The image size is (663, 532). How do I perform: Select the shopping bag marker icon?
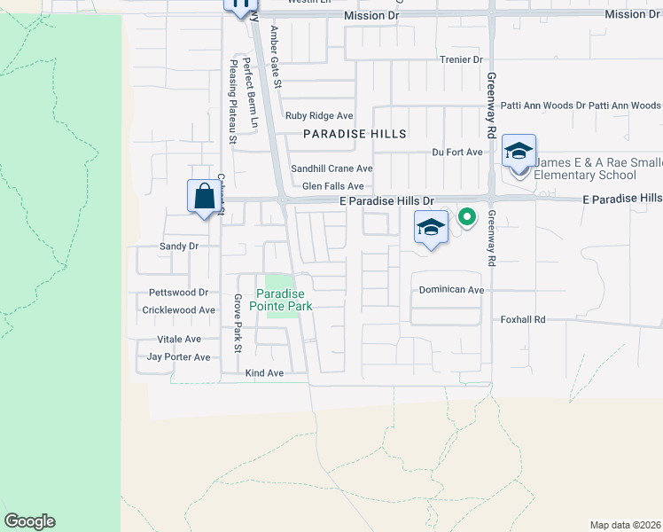(x=204, y=195)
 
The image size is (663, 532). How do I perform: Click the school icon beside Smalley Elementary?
(x=519, y=151)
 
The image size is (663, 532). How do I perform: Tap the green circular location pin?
(x=466, y=215)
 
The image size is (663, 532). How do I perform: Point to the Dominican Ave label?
(x=451, y=290)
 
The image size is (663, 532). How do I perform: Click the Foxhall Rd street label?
(x=522, y=319)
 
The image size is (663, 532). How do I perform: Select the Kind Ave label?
(x=264, y=373)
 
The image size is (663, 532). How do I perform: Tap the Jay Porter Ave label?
(x=178, y=357)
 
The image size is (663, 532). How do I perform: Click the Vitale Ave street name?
(x=179, y=340)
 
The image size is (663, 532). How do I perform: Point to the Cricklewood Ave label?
(x=179, y=310)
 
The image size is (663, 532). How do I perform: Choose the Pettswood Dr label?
(x=178, y=292)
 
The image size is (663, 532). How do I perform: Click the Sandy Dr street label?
(x=177, y=246)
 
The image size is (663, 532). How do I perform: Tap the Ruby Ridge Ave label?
(x=319, y=116)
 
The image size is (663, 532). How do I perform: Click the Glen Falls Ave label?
(x=333, y=186)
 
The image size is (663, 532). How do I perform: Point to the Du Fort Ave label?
(x=457, y=153)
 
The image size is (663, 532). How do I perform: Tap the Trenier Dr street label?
(x=461, y=59)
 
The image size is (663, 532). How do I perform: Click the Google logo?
(x=29, y=521)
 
